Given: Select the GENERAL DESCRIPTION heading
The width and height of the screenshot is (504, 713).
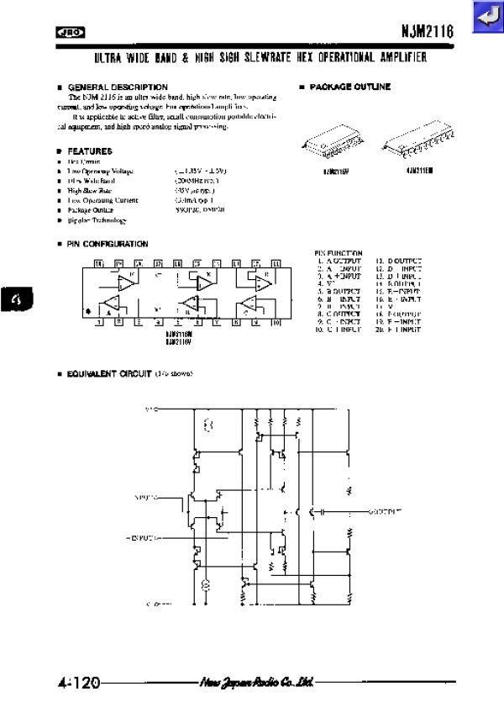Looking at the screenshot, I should pyautogui.click(x=117, y=87).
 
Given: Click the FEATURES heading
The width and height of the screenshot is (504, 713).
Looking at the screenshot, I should pyautogui.click(x=89, y=151).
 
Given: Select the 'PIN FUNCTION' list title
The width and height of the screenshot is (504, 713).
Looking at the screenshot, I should pyautogui.click(x=339, y=253).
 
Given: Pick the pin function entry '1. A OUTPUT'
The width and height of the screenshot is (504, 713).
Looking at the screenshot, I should pyautogui.click(x=339, y=261).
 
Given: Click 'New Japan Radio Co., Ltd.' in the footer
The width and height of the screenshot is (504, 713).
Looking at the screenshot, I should pyautogui.click(x=257, y=682).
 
